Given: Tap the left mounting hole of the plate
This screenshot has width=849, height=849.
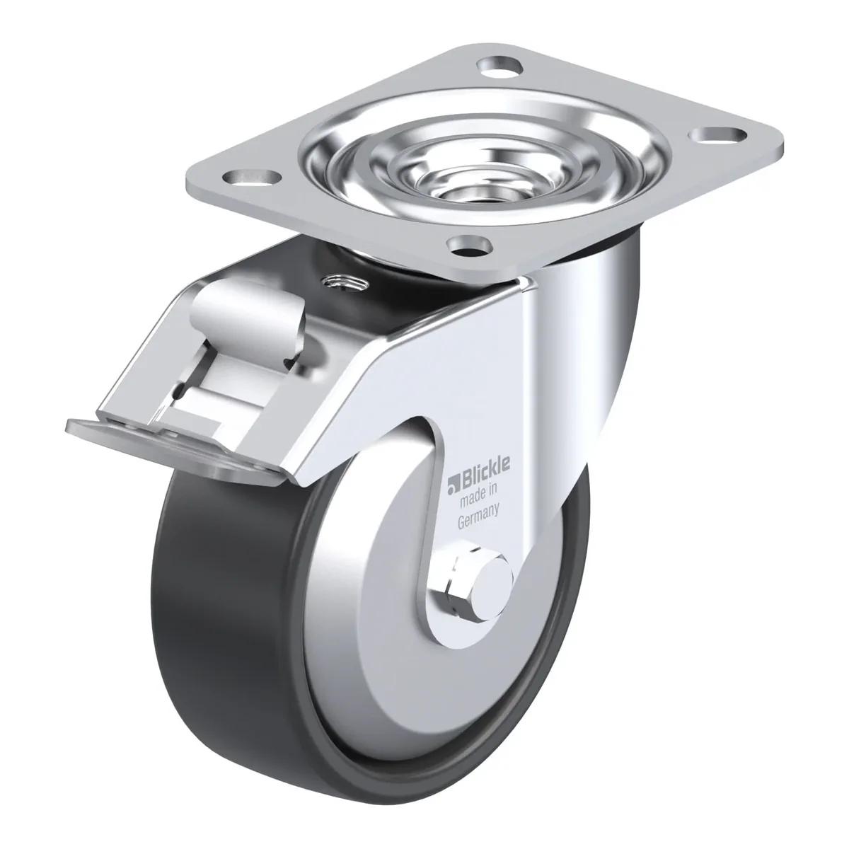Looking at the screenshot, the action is (x=252, y=177).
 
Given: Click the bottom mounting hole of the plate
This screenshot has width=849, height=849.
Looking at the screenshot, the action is (x=469, y=246).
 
